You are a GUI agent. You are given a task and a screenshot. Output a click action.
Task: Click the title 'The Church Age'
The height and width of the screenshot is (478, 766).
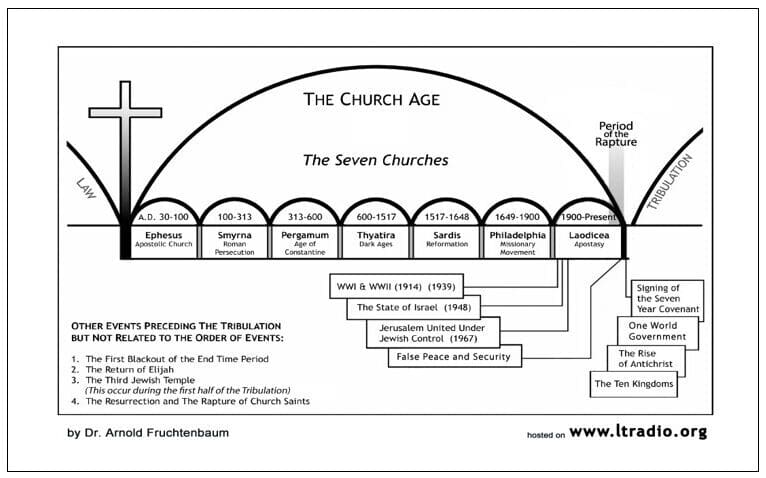[371, 99]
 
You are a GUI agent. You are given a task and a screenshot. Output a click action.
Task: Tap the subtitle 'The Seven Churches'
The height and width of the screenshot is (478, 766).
[375, 160]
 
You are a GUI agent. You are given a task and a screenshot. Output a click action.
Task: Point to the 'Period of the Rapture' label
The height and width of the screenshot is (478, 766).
[616, 134]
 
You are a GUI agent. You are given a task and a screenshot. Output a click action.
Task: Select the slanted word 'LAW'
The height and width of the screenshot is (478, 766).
[86, 188]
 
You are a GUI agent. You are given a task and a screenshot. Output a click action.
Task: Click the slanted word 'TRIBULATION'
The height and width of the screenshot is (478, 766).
[670, 182]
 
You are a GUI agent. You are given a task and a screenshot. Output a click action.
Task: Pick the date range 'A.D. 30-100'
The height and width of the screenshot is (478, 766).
[163, 217]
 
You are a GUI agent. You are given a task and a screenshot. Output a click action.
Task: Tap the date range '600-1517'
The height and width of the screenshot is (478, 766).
[376, 217]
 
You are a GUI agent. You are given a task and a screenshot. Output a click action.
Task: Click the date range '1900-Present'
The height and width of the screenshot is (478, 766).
[589, 217]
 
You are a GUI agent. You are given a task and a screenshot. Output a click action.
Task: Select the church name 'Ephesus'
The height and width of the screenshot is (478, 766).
[164, 235]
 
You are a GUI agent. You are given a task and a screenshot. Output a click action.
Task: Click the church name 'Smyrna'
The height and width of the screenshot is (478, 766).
[234, 235]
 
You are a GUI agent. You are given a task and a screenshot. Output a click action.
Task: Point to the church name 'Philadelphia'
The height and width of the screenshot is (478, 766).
[517, 235]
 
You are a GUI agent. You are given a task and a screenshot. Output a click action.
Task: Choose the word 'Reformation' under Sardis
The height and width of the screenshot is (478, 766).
[447, 244]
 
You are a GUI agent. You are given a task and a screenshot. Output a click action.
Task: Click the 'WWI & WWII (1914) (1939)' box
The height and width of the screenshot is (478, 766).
[396, 286]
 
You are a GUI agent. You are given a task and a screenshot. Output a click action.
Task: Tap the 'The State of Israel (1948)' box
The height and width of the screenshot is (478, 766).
[413, 307]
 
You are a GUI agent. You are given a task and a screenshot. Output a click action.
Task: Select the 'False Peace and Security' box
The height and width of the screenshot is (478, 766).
[455, 356]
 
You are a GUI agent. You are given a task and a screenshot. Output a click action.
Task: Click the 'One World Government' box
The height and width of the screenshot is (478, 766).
[657, 331]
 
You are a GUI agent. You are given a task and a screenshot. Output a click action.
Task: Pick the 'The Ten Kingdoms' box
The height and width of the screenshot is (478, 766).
[634, 384]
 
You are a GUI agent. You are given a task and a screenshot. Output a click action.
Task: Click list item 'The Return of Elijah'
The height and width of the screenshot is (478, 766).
[129, 369]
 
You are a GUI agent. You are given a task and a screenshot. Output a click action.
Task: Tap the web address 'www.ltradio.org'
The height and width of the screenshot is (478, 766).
[638, 432]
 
